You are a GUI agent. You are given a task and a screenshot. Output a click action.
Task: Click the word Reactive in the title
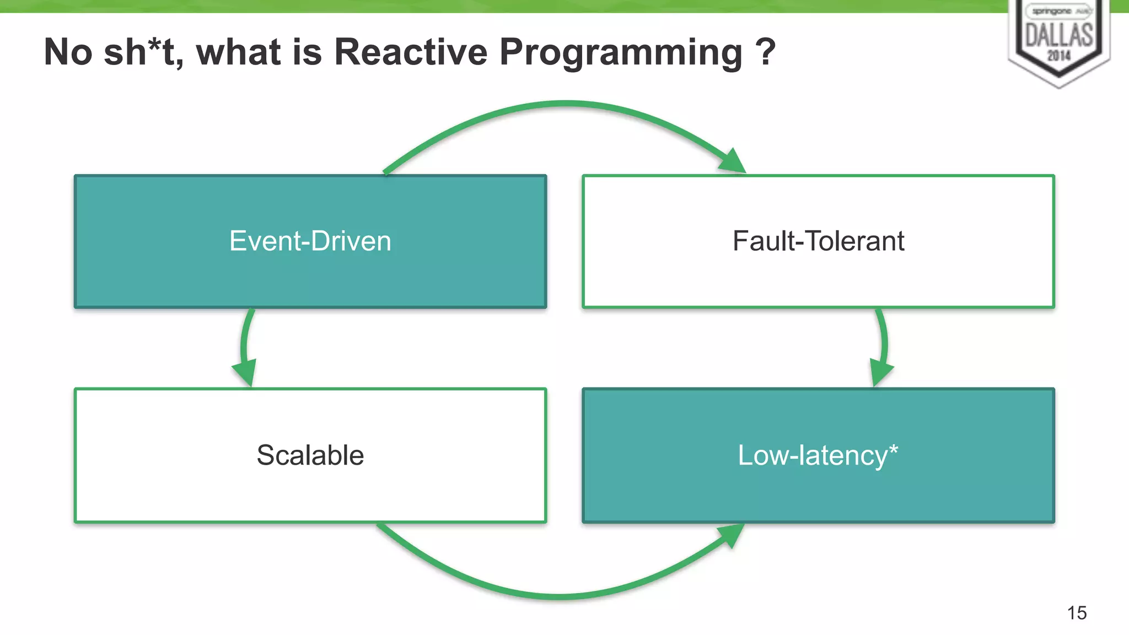(411, 52)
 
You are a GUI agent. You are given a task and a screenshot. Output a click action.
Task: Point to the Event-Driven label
(310, 241)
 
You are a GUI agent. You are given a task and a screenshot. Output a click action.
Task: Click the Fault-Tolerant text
(818, 241)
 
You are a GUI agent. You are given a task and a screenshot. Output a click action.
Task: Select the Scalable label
(310, 455)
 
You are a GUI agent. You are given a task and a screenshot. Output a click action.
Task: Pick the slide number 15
(1077, 613)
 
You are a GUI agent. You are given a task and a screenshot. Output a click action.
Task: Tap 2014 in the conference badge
(1058, 56)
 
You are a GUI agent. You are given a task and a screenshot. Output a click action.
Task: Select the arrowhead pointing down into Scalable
(245, 373)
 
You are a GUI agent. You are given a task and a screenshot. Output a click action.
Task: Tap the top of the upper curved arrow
(565, 104)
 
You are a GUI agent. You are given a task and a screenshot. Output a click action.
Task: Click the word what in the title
(238, 52)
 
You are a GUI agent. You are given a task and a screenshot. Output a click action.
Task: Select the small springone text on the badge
(1052, 11)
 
